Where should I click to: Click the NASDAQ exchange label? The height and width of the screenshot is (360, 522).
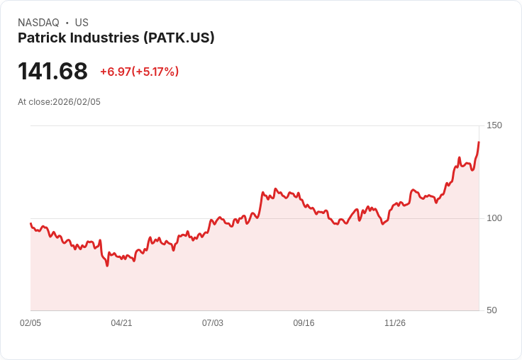point(38,23)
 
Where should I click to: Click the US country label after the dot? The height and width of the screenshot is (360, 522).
point(82,23)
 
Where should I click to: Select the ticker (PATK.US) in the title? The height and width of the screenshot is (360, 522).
point(179,38)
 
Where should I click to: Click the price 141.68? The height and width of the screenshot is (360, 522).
point(52,72)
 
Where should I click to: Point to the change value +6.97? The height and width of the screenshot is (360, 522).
point(116,72)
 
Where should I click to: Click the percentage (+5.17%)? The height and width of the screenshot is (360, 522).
point(156,72)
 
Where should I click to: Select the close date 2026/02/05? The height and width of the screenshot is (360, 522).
point(77,102)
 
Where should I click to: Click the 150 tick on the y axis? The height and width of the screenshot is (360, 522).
point(494,125)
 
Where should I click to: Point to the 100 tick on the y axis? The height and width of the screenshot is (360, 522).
point(494,218)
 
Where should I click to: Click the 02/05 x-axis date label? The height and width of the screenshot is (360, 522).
point(30,323)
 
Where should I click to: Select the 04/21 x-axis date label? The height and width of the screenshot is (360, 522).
point(121,323)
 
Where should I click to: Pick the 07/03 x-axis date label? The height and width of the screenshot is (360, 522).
point(213,323)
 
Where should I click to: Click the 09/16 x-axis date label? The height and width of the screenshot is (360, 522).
point(304,323)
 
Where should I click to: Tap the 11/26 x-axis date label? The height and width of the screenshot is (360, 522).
point(395,323)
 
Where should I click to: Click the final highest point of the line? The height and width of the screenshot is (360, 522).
point(479,142)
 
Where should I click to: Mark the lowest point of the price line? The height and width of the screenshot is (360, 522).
point(107,266)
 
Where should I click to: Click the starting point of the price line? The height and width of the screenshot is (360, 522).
point(30,223)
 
